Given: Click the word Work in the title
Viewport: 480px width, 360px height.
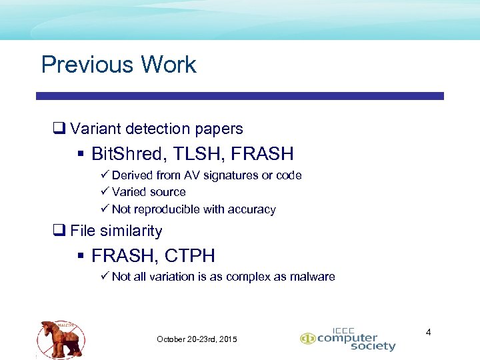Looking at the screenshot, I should coord(168,65).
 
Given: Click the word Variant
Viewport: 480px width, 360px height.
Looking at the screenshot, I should coord(93,129).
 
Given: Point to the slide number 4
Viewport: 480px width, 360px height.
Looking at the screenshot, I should coord(429,331).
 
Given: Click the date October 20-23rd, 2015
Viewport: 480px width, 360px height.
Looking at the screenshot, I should coord(197,339).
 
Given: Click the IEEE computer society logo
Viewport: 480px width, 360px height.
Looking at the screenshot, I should coord(348,339).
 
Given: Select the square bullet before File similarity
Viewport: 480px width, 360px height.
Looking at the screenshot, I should coord(58,231).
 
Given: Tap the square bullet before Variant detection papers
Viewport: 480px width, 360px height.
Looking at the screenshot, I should coord(58,129).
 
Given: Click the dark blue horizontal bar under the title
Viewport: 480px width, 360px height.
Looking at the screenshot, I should coord(240,96).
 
